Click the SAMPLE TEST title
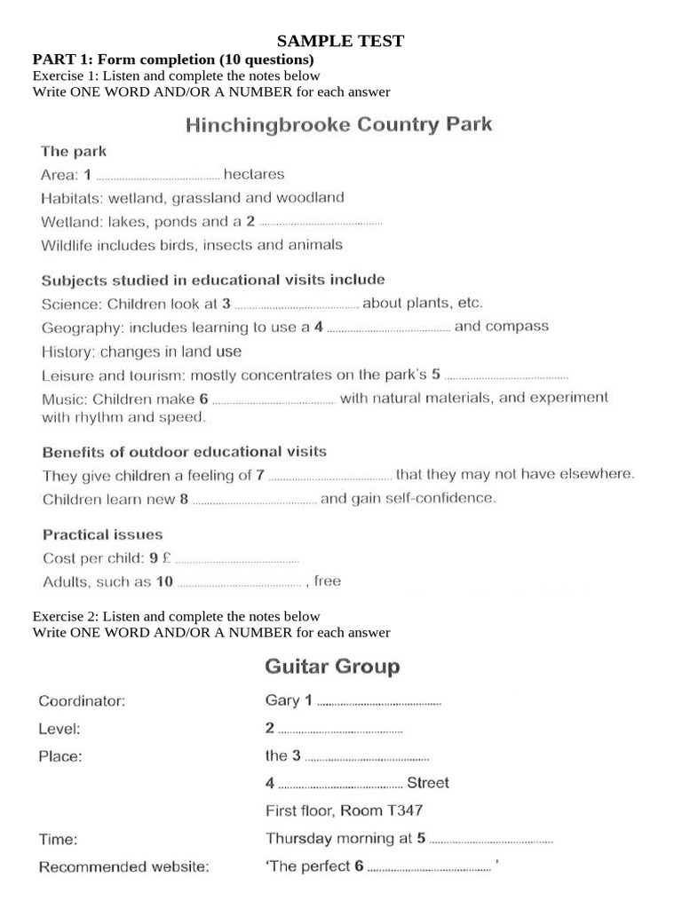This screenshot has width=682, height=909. pyautogui.click(x=341, y=41)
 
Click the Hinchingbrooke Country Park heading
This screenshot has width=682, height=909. pyautogui.click(x=338, y=124)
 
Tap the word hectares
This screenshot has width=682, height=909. pyautogui.click(x=254, y=174)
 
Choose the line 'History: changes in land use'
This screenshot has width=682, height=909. pyautogui.click(x=141, y=352)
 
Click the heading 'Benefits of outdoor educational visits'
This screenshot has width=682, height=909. pyautogui.click(x=185, y=452)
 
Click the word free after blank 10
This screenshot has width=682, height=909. pyautogui.click(x=328, y=581)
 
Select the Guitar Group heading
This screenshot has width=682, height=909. pyautogui.click(x=332, y=666)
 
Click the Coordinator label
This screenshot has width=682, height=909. pyautogui.click(x=82, y=700)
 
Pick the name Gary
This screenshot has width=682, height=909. pyautogui.click(x=282, y=700)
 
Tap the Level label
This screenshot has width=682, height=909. pyautogui.click(x=59, y=729)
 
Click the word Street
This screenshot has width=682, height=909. pyautogui.click(x=428, y=783)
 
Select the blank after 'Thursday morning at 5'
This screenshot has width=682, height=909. pyautogui.click(x=491, y=839)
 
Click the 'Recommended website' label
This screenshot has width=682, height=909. pyautogui.click(x=123, y=866)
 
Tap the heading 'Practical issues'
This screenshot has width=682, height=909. pyautogui.click(x=103, y=534)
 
